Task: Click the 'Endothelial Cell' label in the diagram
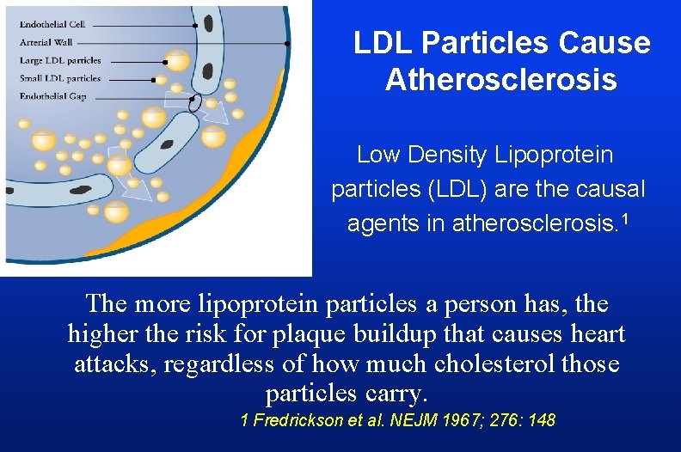(x=52, y=24)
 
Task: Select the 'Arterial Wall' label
(x=46, y=42)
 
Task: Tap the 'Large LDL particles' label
(x=60, y=61)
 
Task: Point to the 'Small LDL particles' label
(x=60, y=79)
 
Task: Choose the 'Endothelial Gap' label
(x=52, y=96)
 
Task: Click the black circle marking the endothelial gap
(x=196, y=104)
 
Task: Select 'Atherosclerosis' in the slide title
(x=501, y=80)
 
